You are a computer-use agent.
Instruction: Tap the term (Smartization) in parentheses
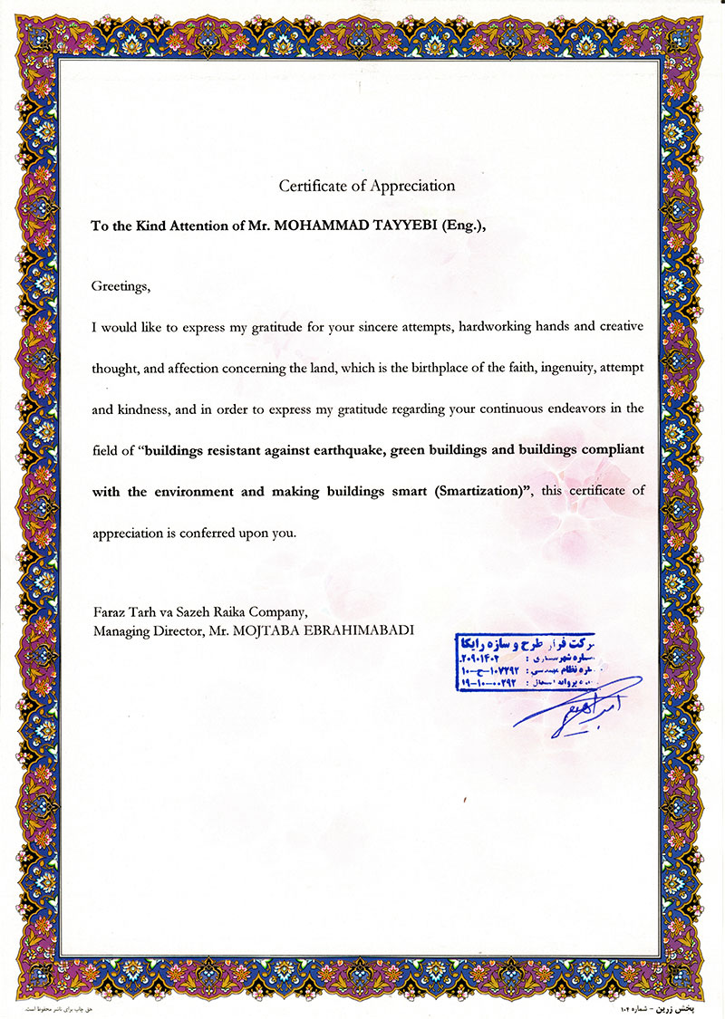click(x=486, y=492)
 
